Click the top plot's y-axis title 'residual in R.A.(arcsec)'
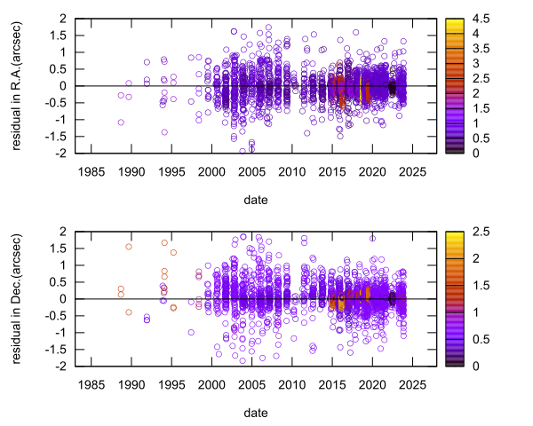(18, 85)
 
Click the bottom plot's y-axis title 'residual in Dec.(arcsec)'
(18, 298)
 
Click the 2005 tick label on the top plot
(252, 170)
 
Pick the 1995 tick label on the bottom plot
(171, 383)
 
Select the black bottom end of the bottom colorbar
(449, 362)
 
